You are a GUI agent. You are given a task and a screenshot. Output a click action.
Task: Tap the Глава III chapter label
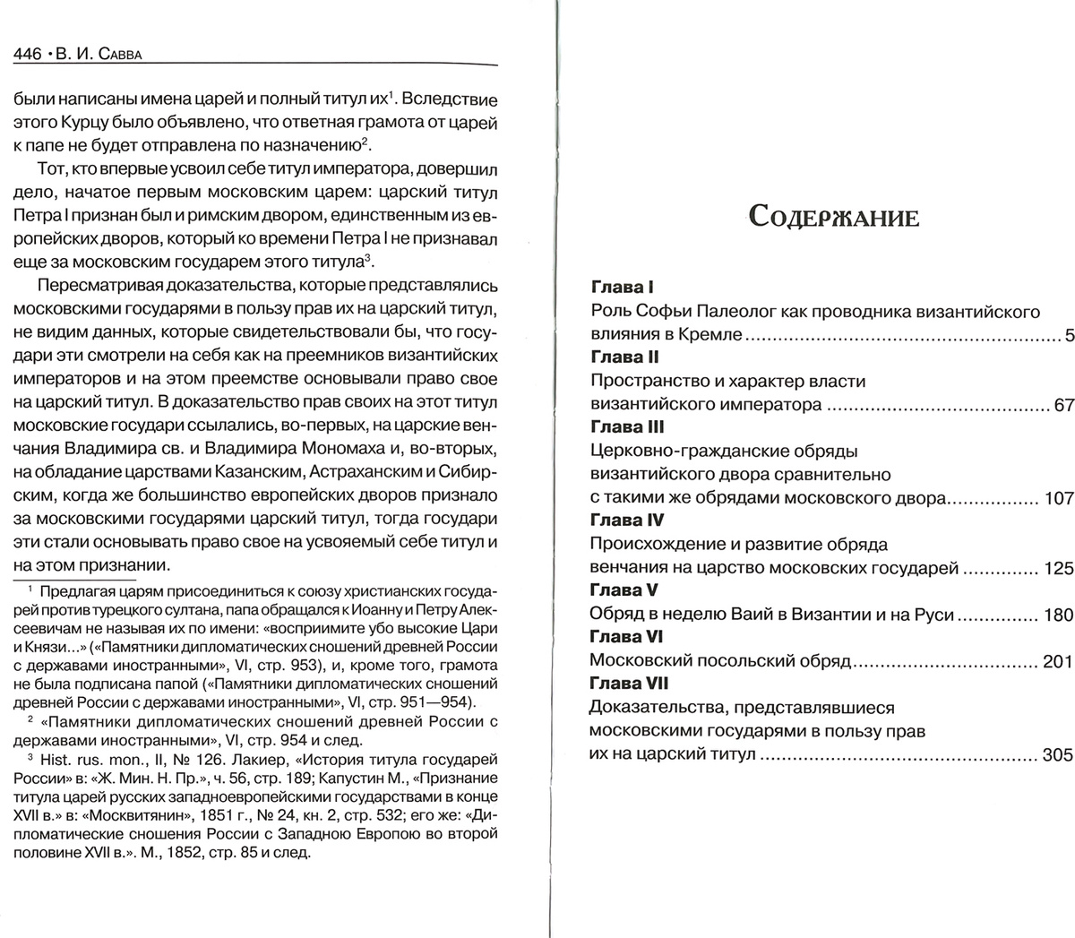click(x=626, y=427)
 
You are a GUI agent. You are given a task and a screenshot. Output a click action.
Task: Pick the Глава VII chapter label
click(x=629, y=684)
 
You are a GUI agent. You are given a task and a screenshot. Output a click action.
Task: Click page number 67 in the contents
click(x=1062, y=405)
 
